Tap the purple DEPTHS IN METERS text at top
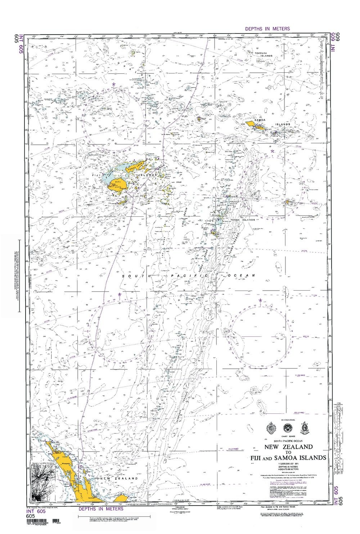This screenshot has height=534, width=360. click(x=267, y=28)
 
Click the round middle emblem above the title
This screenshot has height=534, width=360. click(x=288, y=428)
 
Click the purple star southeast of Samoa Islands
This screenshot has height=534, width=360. click(x=273, y=151)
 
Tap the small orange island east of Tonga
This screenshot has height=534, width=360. click(x=287, y=202)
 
